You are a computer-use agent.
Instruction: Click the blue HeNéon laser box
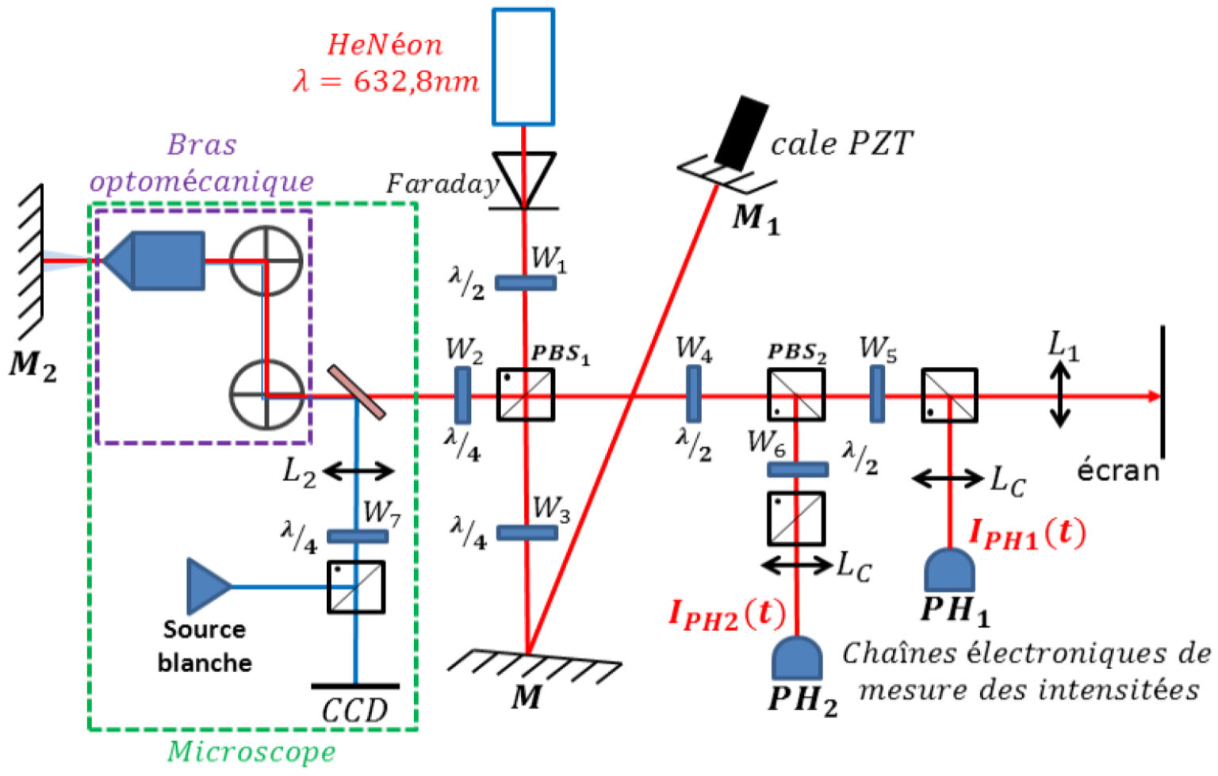tap(523, 67)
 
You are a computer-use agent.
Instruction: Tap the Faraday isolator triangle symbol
tap(523, 178)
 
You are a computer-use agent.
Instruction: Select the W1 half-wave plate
tap(525, 282)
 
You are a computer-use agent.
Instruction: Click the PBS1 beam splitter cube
tap(525, 395)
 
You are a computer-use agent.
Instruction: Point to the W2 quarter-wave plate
tap(462, 395)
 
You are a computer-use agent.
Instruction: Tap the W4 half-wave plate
tap(693, 394)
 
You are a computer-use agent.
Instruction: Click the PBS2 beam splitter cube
tap(796, 395)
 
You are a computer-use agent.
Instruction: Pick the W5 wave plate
tap(877, 394)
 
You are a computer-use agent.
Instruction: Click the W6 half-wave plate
tap(798, 470)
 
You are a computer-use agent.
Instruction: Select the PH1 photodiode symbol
tap(949, 569)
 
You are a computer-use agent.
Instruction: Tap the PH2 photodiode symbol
tap(796, 658)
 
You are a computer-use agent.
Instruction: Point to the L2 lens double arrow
tap(358, 472)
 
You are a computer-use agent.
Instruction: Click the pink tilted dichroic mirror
tap(357, 392)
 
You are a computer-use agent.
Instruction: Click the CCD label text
tap(354, 710)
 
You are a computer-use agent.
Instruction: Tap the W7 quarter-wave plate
tap(358, 537)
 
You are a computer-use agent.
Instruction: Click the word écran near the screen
tap(1118, 471)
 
